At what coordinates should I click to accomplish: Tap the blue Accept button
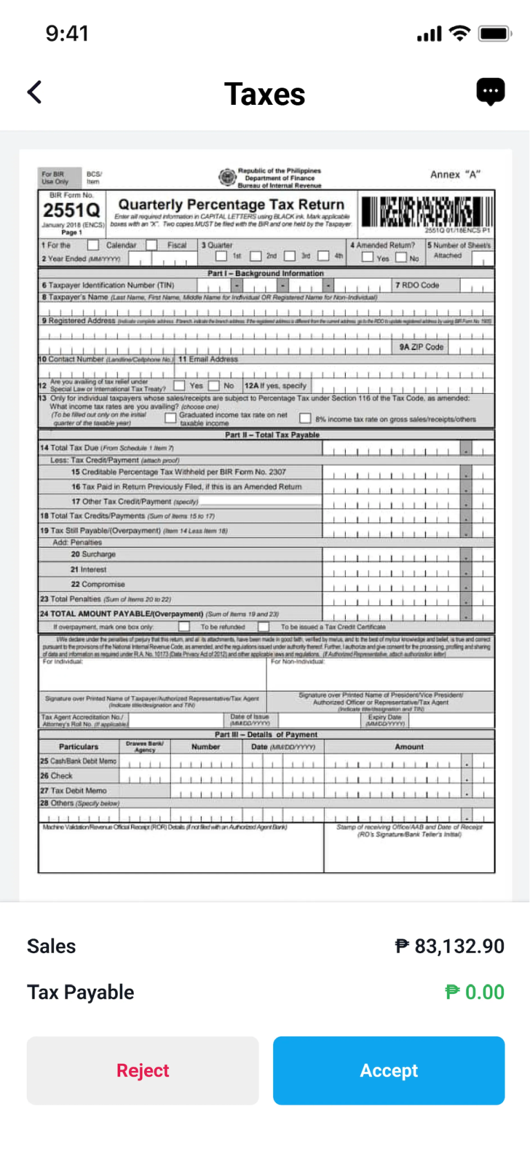[389, 1070]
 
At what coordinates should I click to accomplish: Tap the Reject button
[142, 1070]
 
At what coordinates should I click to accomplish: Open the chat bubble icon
[491, 92]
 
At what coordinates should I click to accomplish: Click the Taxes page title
[264, 95]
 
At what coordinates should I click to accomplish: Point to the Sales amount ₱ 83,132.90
[449, 946]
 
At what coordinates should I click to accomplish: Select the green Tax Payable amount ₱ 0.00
[475, 992]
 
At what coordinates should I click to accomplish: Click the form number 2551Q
[72, 210]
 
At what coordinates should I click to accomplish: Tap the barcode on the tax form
[426, 212]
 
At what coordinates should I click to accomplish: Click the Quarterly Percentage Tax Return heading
[231, 204]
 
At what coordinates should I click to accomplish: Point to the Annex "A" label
[455, 175]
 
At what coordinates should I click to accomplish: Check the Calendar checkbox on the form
[93, 245]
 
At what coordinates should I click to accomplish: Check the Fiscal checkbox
[152, 245]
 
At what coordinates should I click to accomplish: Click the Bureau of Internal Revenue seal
[227, 177]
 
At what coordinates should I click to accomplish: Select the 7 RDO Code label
[417, 285]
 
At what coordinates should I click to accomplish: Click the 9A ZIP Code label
[421, 347]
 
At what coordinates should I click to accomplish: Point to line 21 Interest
[88, 569]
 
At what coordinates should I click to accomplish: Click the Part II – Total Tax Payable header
[272, 435]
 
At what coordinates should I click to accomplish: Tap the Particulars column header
[79, 747]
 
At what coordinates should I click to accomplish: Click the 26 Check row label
[57, 776]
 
